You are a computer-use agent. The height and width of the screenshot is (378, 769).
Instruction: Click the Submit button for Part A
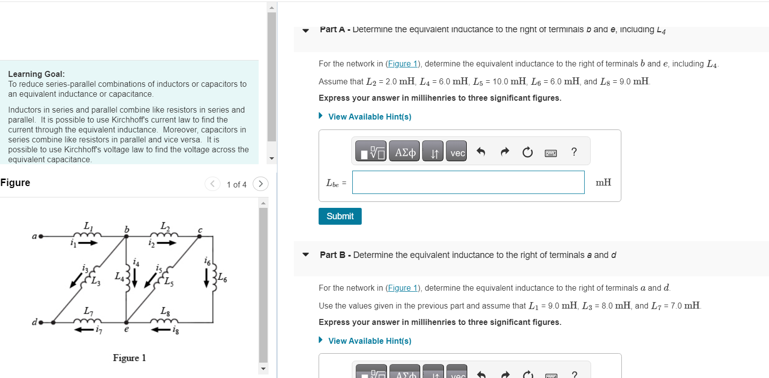click(x=340, y=216)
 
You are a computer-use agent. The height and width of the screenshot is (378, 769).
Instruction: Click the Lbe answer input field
click(x=468, y=183)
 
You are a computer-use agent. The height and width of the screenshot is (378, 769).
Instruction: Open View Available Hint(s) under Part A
click(x=369, y=117)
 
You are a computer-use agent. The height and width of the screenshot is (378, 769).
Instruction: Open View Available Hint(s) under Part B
click(x=369, y=341)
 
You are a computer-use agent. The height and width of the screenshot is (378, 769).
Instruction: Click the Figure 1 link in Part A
click(x=403, y=64)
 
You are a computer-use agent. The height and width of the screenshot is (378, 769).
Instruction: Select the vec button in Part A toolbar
click(x=457, y=153)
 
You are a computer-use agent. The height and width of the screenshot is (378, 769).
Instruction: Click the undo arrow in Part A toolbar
click(x=480, y=152)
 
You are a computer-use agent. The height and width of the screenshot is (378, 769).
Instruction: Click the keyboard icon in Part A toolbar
click(x=551, y=153)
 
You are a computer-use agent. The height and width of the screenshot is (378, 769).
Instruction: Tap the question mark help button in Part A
click(x=574, y=152)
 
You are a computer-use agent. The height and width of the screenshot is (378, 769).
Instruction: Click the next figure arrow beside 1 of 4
click(x=260, y=184)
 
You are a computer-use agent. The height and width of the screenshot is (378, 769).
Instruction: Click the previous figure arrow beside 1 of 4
click(x=212, y=184)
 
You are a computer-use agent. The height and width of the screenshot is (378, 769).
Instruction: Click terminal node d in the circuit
click(x=42, y=322)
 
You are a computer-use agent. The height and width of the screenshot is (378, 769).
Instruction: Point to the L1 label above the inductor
click(x=88, y=225)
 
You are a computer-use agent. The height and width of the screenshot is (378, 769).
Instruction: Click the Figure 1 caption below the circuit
click(x=129, y=358)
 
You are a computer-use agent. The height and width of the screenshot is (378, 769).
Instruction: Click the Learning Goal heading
click(x=36, y=74)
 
